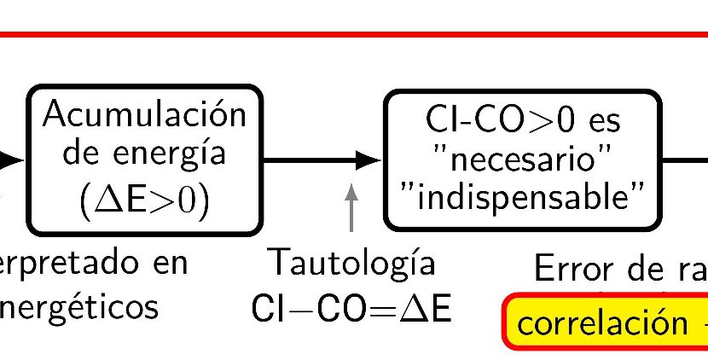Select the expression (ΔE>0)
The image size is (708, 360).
pyautogui.click(x=145, y=200)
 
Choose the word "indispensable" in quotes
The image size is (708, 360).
pyautogui.click(x=523, y=200)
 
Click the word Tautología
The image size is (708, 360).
pyautogui.click(x=351, y=262)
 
